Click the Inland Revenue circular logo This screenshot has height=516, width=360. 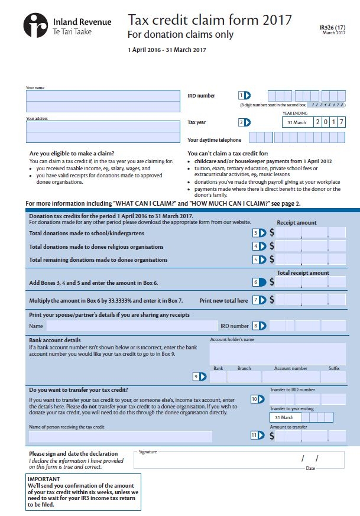pos(36,25)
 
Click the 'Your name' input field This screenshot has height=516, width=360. pos(103,96)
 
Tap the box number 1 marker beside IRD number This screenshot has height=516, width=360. pos(244,95)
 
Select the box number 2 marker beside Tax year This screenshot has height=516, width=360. pos(244,122)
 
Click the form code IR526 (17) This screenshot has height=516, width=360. pos(334,27)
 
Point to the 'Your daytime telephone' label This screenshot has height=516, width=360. pos(214,140)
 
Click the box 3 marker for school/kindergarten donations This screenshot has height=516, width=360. pos(260,233)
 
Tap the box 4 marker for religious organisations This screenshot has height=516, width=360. pos(260,246)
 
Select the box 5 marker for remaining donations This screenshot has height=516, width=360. pos(260,259)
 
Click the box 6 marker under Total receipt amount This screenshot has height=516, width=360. pos(260,282)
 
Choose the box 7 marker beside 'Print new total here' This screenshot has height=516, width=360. pos(260,300)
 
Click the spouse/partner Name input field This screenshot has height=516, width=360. pos(131,326)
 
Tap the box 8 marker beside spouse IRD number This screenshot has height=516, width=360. pos(260,326)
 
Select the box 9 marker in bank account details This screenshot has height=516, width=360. pos(200,377)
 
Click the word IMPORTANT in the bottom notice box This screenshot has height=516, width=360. pos(44,479)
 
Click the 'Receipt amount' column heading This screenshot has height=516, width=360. pos(297,223)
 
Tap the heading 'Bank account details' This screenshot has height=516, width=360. pos(55,340)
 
